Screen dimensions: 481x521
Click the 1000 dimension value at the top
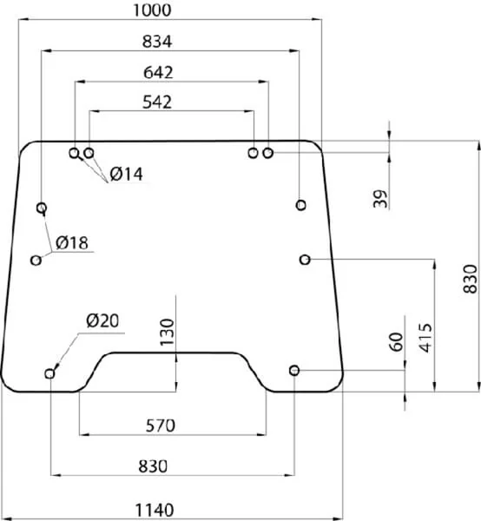click(152, 10)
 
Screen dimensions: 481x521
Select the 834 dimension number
click(157, 42)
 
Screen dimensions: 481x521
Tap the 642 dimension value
click(158, 72)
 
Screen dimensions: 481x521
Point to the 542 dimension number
click(157, 102)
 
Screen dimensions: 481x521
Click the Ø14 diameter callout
click(126, 175)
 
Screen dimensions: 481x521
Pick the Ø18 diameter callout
click(72, 242)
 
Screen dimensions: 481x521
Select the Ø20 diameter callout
click(102, 321)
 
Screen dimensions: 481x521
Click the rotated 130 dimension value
click(167, 333)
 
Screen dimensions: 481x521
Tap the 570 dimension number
click(161, 425)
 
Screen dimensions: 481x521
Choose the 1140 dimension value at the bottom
click(155, 510)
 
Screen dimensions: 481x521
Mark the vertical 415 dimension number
click(425, 338)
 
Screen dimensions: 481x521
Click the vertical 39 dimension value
click(380, 199)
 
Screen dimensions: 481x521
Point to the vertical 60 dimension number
click(396, 341)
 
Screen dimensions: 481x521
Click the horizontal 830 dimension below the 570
click(153, 466)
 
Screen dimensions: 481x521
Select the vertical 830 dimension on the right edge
click(470, 279)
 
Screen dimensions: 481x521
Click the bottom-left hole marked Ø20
click(49, 373)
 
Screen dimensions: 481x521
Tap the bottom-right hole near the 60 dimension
click(294, 370)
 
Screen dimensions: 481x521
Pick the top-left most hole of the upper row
click(75, 153)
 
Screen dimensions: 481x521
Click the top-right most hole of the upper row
click(268, 153)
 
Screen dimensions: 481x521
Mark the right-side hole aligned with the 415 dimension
click(305, 259)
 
